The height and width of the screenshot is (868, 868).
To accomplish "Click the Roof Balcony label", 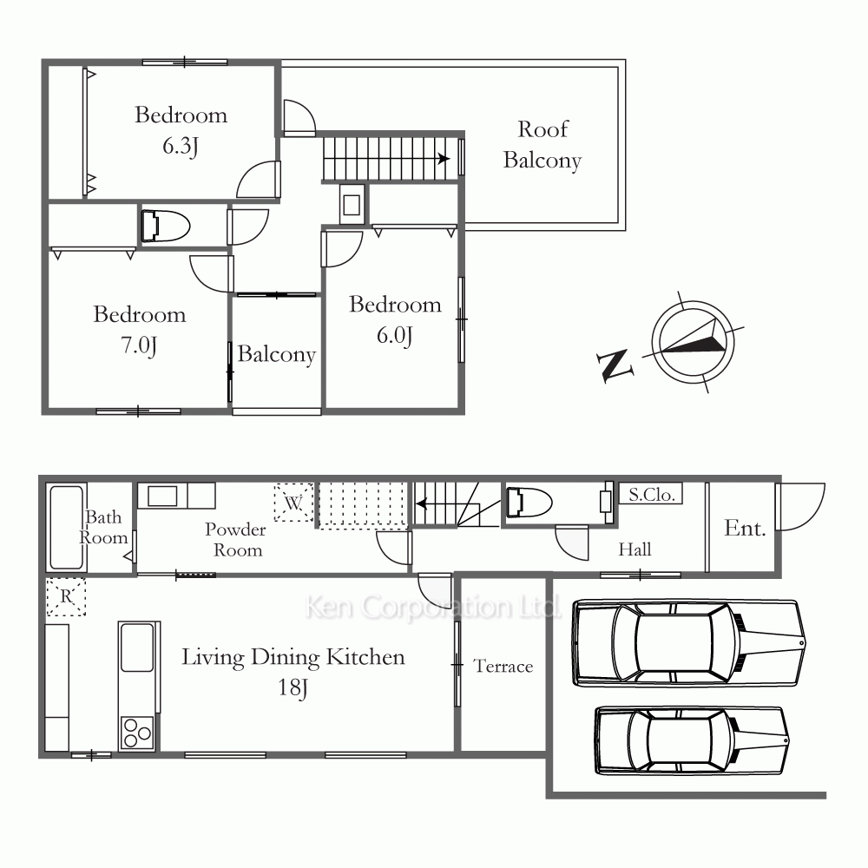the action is point(542,145).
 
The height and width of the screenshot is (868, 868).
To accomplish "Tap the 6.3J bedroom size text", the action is point(181,146).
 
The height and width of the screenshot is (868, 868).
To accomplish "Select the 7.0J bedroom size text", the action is point(139,345).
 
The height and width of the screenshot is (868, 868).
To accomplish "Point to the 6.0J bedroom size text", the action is point(395,335).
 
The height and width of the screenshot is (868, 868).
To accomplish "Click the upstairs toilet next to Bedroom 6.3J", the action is point(166,226).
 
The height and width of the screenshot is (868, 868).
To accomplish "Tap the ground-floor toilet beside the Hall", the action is point(529,503).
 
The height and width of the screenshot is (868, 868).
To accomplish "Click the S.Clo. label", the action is point(652,495).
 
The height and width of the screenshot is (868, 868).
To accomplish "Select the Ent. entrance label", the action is point(745,528).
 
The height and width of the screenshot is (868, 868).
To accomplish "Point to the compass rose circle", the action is point(693,302).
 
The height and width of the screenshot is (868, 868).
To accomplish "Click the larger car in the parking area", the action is point(688,643).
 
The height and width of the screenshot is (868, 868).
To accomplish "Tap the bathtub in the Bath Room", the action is point(67,527).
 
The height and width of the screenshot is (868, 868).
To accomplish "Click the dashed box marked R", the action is point(66,597).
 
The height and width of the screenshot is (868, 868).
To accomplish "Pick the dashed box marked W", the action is point(294,503).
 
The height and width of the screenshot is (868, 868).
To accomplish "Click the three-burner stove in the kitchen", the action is point(137,733).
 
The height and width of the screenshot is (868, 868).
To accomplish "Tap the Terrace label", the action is point(503,666).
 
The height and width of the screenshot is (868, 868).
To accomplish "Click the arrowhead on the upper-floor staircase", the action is point(444,159).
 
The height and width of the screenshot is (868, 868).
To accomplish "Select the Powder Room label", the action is point(236,540).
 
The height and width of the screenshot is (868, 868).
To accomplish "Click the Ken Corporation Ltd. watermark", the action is point(433,608).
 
